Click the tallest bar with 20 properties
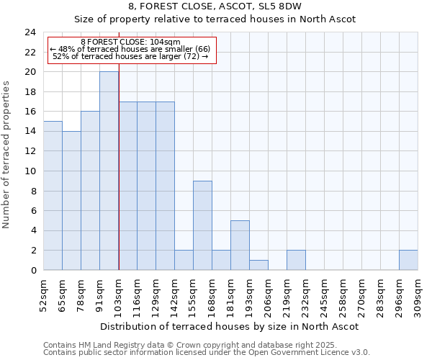109,171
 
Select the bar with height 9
202,225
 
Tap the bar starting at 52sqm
53,196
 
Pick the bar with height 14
71,201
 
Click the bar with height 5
240,246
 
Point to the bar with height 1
258,265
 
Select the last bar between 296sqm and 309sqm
408,260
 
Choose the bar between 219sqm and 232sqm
296,260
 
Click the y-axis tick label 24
30,32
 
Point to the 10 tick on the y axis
30,171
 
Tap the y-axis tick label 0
32,271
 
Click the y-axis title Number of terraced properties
6,155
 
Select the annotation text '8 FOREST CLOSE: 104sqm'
130,42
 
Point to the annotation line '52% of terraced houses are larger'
130,56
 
